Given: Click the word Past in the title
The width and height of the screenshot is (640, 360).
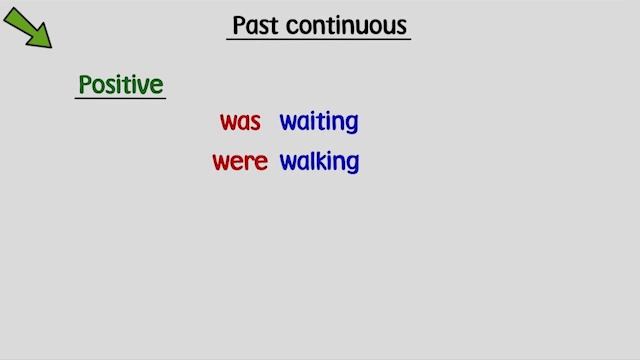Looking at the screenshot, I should coord(256,25).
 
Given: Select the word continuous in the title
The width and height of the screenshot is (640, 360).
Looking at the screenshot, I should coord(347,25).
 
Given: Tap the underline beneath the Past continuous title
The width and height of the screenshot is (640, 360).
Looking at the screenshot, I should coord(319,40).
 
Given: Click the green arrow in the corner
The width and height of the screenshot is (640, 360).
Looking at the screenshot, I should coord(28,27).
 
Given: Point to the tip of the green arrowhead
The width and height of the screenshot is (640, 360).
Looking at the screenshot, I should coord(50,47).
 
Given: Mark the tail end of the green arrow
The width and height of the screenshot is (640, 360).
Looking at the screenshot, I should coord(9,12).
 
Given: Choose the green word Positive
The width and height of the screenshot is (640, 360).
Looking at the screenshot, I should coord(120,85).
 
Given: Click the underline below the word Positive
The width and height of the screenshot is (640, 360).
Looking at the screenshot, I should coord(120,99).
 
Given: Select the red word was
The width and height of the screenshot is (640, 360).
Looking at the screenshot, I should coord(240,122).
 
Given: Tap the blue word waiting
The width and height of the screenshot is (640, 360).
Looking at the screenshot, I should coord(319,122).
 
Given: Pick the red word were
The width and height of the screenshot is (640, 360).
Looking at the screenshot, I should coord(240,162).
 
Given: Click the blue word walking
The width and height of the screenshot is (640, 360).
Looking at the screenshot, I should coord(319,162).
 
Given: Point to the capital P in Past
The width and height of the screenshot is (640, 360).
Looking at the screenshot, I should coord(241,25).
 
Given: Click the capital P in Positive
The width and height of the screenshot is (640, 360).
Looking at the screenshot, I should coord(86,85).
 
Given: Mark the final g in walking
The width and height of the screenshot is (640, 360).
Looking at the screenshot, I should coord(351,164).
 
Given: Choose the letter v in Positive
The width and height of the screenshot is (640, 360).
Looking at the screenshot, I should coord(143,86).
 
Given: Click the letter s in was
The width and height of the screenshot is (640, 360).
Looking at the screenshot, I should coord(255,123).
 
